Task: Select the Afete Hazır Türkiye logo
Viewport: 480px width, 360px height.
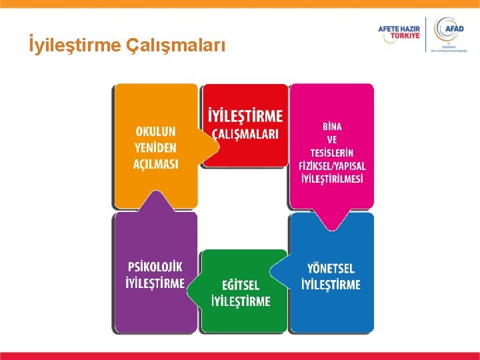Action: tap(400, 33)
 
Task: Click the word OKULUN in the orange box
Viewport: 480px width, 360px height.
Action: tap(157, 131)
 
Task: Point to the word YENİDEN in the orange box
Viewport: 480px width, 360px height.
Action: tap(157, 147)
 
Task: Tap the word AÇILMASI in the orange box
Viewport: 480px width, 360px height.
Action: tap(157, 163)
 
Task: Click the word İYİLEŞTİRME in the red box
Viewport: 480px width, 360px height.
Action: tap(245, 115)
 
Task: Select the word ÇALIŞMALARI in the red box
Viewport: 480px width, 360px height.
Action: tap(245, 134)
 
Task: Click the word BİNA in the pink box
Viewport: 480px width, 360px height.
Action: tap(332, 127)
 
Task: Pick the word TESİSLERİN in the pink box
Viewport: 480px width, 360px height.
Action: tap(332, 153)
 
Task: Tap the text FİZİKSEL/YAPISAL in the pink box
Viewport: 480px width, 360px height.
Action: tap(332, 166)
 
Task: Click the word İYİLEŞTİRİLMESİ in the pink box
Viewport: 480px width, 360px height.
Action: tap(332, 179)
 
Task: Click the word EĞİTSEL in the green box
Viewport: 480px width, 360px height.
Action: tap(241, 285)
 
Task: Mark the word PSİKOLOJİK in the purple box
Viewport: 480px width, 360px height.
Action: tap(155, 267)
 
